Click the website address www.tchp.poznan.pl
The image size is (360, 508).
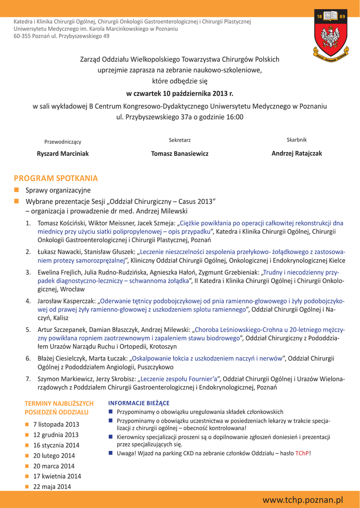click(x=304, y=500)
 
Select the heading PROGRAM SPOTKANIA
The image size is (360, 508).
click(x=56, y=178)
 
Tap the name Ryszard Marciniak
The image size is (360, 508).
click(x=63, y=154)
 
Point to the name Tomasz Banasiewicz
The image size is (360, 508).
click(x=180, y=154)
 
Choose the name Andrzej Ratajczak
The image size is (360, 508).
click(x=296, y=153)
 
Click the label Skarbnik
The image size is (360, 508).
click(x=296, y=140)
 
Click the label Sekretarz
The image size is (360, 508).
click(x=180, y=140)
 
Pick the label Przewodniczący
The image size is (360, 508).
click(x=63, y=142)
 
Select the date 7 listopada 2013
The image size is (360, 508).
click(x=56, y=425)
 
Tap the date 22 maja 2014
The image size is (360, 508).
click(x=52, y=487)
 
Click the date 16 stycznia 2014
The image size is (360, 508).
click(x=56, y=445)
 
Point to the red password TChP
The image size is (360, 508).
click(x=302, y=453)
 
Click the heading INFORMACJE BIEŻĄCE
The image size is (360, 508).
click(x=139, y=403)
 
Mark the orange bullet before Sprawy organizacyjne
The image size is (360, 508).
click(x=16, y=190)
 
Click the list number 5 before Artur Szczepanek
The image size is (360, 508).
click(x=28, y=329)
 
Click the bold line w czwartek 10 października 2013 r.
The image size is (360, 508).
click(x=180, y=93)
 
